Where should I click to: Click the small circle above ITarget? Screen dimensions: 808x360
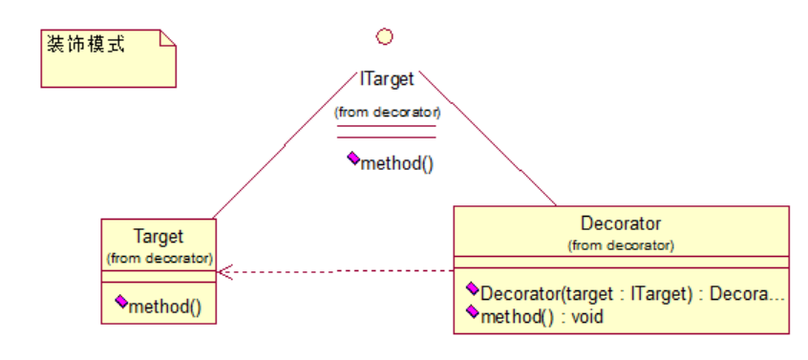pos(384,36)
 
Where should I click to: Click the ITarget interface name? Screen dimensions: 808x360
pos(387,79)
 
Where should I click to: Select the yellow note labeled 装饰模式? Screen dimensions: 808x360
pos(109,58)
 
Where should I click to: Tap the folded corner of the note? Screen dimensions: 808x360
pos(168,37)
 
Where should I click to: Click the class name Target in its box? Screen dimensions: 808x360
pos(159,237)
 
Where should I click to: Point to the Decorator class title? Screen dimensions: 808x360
pos(621,223)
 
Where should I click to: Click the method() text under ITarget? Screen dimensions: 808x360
pos(396,164)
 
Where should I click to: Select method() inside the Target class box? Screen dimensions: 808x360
pos(165,307)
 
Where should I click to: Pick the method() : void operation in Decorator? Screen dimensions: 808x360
pos(542,316)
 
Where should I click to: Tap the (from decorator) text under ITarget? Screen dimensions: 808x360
pos(387,112)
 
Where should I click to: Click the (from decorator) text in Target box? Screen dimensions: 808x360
pos(159,258)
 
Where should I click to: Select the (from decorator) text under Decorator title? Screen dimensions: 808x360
pos(621,245)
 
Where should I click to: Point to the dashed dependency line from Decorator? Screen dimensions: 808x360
pos(335,271)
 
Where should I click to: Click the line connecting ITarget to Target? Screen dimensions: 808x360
pos(285,145)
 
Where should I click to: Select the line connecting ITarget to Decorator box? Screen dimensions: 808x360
pos(487,138)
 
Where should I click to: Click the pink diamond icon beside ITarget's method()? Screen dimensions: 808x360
pos(353,159)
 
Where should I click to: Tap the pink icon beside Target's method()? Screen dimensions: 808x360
pos(121,302)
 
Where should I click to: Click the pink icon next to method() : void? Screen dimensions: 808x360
pos(472,310)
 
